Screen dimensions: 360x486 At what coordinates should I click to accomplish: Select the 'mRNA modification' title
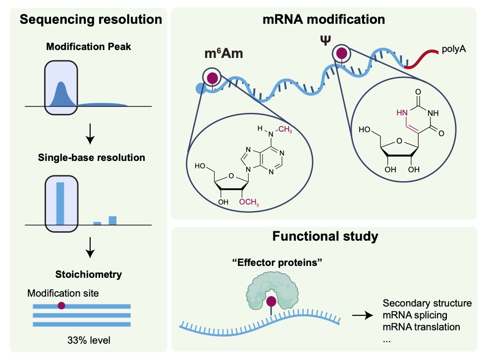pyautogui.click(x=324, y=20)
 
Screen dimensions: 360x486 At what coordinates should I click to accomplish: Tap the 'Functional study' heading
pyautogui.click(x=325, y=236)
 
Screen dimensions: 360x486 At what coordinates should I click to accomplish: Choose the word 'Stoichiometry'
pyautogui.click(x=89, y=273)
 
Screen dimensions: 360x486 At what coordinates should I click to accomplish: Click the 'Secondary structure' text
pyautogui.click(x=428, y=303)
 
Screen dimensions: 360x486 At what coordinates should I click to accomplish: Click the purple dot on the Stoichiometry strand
pyautogui.click(x=61, y=306)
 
